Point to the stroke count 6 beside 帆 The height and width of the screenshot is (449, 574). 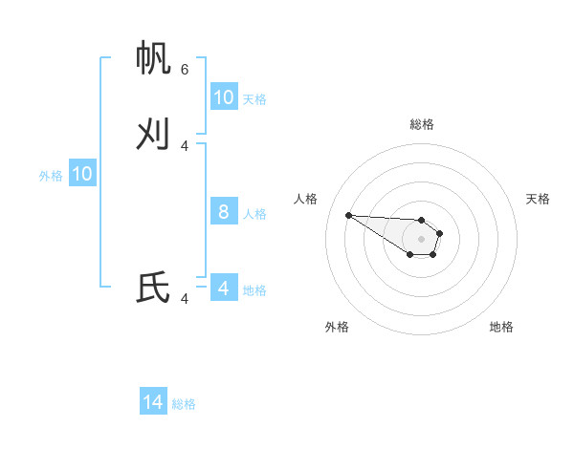click(185, 70)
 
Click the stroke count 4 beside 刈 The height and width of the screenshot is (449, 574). click(185, 145)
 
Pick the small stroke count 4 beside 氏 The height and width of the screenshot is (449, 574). click(185, 299)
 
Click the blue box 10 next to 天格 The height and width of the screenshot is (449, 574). click(224, 97)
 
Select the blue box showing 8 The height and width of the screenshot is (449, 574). click(224, 212)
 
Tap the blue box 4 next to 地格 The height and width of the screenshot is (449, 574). click(224, 288)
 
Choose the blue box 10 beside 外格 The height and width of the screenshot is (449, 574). click(82, 174)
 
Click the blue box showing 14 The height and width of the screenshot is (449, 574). click(153, 402)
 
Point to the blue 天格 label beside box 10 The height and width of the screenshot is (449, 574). click(254, 99)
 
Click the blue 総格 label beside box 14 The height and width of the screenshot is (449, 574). click(184, 404)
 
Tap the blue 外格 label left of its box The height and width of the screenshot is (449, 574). click(51, 176)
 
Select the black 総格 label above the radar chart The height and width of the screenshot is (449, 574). click(422, 124)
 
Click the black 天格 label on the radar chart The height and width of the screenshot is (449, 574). click(538, 199)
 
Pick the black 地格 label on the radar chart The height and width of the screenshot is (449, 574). click(501, 327)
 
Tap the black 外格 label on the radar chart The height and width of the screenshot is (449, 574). click(337, 327)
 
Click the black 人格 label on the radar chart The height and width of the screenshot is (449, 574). click(305, 199)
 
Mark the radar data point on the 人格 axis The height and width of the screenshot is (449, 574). click(348, 215)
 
